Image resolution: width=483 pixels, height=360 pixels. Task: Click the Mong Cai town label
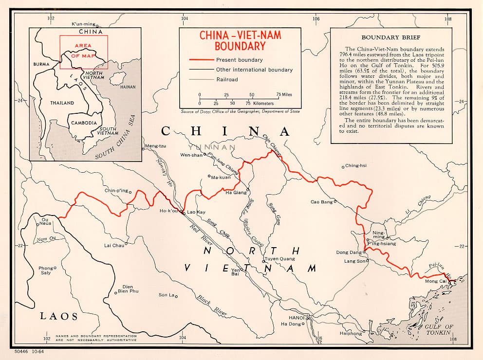[435, 281]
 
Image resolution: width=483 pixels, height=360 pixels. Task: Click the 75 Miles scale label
[284, 94]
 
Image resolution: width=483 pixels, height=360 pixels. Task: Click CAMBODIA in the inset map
[84, 123]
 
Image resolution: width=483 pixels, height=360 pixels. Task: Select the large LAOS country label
[58, 316]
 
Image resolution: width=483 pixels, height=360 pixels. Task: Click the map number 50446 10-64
[30, 350]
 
